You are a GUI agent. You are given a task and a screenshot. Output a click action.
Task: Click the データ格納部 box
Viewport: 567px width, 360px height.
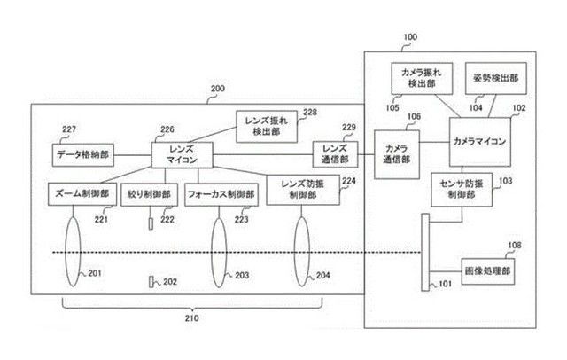click(83, 155)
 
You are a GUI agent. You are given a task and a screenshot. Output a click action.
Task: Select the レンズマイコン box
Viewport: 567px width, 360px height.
click(182, 155)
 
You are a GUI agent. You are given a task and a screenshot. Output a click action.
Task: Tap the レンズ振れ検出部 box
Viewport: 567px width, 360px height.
click(267, 127)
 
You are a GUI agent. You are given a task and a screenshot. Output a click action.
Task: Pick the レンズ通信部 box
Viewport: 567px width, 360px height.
click(335, 154)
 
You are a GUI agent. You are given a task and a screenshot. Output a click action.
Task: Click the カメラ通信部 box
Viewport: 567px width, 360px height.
click(397, 154)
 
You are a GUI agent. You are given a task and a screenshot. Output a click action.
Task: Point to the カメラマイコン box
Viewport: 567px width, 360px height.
click(480, 142)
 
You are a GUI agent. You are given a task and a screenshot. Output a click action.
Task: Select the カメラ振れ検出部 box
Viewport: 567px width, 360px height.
click(422, 79)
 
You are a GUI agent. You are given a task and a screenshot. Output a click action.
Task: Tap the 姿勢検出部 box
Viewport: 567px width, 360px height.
click(496, 79)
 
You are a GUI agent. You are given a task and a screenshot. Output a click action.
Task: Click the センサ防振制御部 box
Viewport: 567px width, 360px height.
click(462, 190)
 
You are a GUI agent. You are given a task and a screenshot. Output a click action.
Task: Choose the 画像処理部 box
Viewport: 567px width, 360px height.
click(488, 271)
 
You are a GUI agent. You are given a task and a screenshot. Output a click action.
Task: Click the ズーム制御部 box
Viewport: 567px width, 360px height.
click(82, 194)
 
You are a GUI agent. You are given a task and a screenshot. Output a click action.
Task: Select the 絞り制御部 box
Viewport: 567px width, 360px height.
click(149, 195)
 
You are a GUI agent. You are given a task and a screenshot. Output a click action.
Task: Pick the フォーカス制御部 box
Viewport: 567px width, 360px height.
click(221, 195)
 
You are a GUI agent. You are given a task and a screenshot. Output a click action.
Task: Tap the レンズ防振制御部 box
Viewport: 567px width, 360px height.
click(303, 190)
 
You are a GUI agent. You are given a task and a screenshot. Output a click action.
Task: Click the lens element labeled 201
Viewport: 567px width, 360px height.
click(73, 252)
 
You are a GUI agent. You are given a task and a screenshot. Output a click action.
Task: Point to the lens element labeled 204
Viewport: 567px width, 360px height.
click(302, 252)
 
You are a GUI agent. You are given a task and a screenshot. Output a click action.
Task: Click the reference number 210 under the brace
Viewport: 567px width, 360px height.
click(191, 318)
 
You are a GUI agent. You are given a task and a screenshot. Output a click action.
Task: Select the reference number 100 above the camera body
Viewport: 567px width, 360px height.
click(410, 37)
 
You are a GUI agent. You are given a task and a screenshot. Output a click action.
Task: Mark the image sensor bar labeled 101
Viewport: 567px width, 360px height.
click(425, 252)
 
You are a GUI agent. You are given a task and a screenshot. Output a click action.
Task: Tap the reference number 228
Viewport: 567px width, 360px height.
click(310, 113)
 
